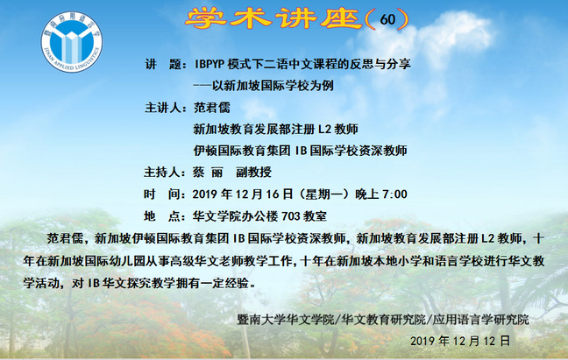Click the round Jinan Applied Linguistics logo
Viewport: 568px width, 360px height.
click(x=72, y=42)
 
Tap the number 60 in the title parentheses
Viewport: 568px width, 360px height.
click(x=387, y=19)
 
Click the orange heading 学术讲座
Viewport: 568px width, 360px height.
click(x=273, y=18)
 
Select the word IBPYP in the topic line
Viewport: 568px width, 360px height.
click(x=209, y=64)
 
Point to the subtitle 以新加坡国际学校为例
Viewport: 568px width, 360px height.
click(x=273, y=86)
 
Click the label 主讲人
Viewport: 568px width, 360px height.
click(x=163, y=108)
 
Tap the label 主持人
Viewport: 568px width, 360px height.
click(x=162, y=173)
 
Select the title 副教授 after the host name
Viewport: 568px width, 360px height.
click(x=253, y=173)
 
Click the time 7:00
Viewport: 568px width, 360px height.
click(x=394, y=194)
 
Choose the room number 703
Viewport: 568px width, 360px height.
click(x=290, y=216)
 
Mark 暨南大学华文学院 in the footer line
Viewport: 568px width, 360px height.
click(x=285, y=320)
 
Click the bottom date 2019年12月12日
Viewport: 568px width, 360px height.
click(x=460, y=341)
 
